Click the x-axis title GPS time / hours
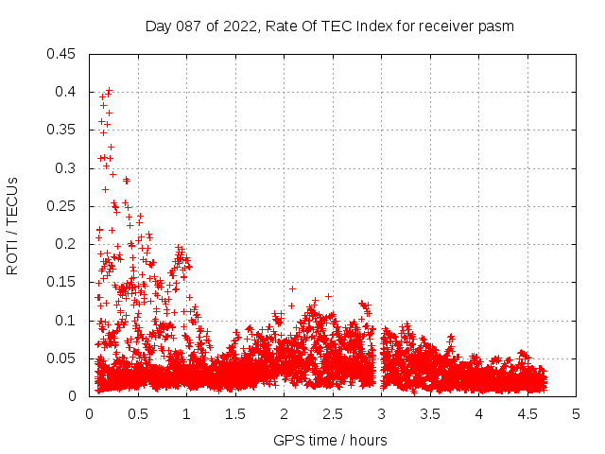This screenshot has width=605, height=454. click(330, 440)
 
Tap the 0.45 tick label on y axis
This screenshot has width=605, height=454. click(63, 54)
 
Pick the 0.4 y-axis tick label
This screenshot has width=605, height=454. click(67, 92)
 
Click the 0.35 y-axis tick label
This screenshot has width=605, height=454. click(63, 131)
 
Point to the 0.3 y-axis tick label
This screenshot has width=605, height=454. click(67, 168)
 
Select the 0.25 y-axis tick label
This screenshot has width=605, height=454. click(63, 206)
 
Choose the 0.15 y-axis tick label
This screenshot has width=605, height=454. click(63, 282)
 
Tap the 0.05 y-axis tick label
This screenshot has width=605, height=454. click(63, 358)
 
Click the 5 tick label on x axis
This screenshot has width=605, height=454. click(577, 413)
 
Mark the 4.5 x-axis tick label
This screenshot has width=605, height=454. click(527, 413)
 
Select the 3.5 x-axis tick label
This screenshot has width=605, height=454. click(430, 413)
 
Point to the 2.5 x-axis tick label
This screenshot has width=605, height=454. click(333, 413)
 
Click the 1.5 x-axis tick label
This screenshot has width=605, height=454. click(235, 413)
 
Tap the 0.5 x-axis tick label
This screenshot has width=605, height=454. click(138, 413)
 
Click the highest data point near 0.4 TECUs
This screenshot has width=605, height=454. click(109, 91)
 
